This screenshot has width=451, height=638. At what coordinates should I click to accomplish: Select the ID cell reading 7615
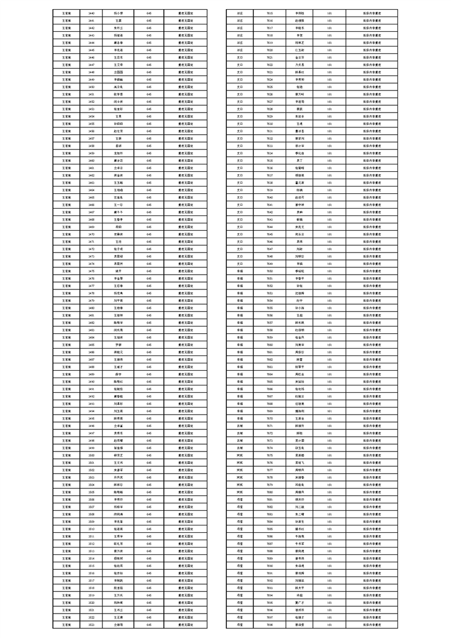coord(270,13)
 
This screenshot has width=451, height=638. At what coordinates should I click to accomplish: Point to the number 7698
coord(270,624)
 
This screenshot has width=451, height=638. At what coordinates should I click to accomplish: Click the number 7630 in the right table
coord(270,123)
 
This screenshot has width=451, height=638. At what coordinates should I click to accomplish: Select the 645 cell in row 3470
coord(149,234)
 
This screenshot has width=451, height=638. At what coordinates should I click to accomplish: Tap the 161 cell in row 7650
coord(330,271)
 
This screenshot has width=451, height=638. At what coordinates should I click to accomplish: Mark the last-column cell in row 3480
coord(185,308)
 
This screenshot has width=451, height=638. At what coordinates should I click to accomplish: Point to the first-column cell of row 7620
coord(240,49)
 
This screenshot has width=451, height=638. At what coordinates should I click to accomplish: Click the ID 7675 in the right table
coord(270,455)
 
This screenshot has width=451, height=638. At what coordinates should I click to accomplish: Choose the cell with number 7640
coord(270,197)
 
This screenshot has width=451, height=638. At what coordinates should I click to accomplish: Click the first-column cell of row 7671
coord(240,425)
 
